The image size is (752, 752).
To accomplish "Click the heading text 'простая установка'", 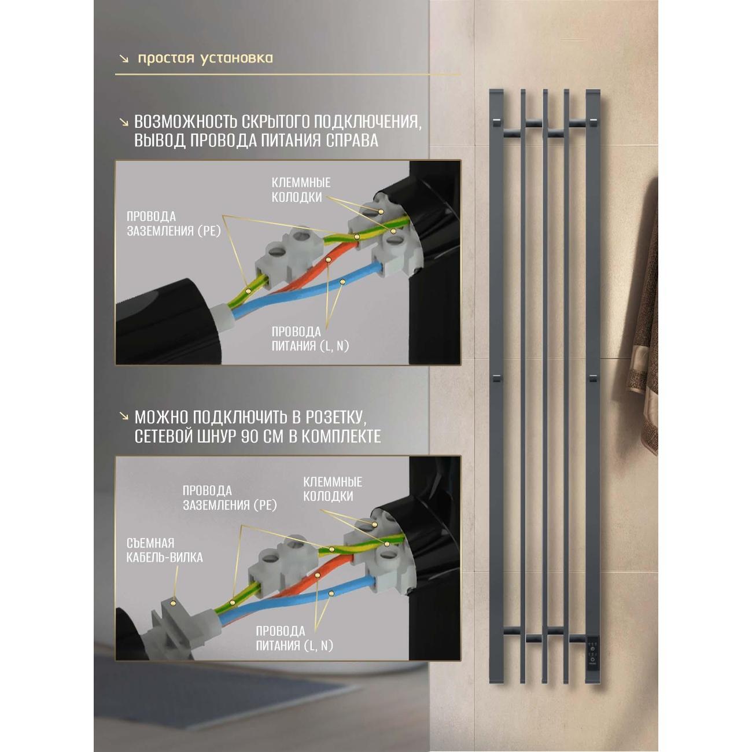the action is [x=205, y=58].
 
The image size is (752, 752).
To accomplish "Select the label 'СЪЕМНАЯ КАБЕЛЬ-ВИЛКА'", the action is [x=164, y=550].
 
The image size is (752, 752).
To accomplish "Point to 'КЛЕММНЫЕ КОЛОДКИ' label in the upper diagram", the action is [x=301, y=190].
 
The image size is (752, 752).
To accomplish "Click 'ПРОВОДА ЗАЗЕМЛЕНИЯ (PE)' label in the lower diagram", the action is [x=230, y=497].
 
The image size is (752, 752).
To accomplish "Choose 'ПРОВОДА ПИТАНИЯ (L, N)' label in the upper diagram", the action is [x=310, y=339].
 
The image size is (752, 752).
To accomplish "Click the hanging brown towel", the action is [x=646, y=312].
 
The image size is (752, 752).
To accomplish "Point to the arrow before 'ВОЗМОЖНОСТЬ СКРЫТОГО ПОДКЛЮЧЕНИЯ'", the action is [x=124, y=123].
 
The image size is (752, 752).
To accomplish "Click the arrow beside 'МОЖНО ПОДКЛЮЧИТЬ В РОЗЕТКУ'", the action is [x=124, y=418].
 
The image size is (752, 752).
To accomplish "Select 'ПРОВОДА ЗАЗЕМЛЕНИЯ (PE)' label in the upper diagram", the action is [x=174, y=224].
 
